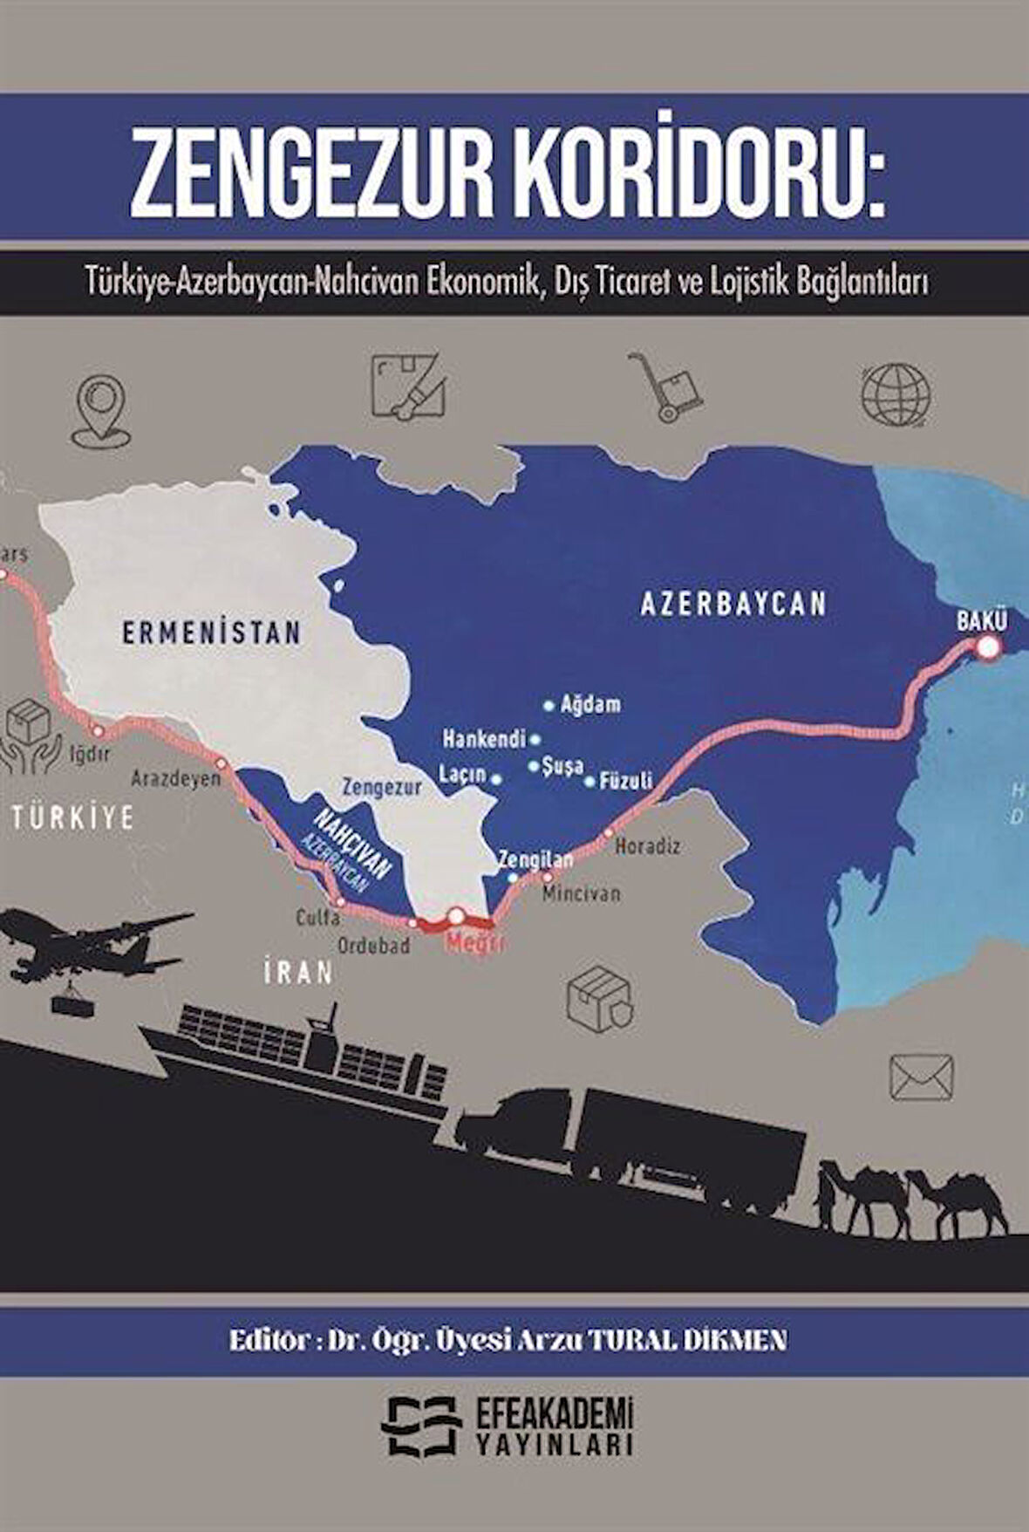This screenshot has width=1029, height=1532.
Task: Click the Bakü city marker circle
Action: pyautogui.click(x=987, y=647)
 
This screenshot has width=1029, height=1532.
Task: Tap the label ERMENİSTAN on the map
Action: pyautogui.click(x=212, y=632)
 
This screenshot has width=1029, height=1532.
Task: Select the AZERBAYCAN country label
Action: pyautogui.click(x=733, y=604)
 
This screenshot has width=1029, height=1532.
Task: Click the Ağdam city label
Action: pyautogui.click(x=590, y=704)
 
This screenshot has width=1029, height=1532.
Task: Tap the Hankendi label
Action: pyautogui.click(x=484, y=740)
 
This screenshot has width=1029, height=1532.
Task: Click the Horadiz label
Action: pyautogui.click(x=648, y=845)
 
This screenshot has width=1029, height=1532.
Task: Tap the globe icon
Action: pyautogui.click(x=896, y=394)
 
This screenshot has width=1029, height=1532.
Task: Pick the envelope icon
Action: pyautogui.click(x=921, y=1077)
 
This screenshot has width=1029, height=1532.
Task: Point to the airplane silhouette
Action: pyautogui.click(x=87, y=947)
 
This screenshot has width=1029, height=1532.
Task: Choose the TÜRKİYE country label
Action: pyautogui.click(x=73, y=817)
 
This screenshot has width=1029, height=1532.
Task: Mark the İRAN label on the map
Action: pyautogui.click(x=299, y=972)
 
